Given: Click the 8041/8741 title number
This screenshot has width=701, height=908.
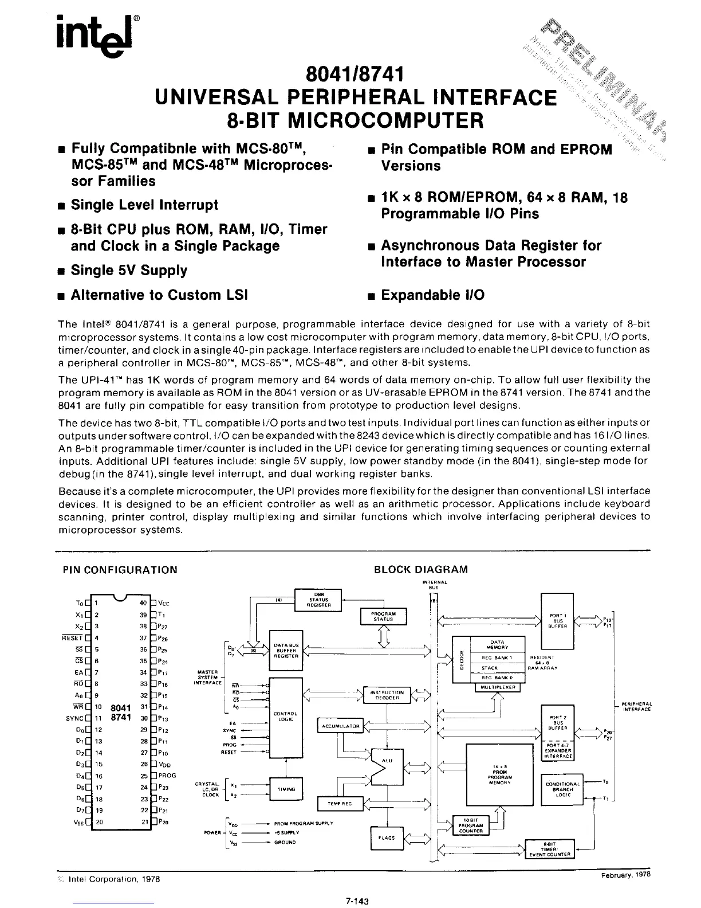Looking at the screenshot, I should [355, 75].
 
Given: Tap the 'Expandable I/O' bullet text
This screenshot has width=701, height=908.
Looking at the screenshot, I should [432, 295].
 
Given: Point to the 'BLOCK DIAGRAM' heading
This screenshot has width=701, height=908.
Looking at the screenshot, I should [420, 570].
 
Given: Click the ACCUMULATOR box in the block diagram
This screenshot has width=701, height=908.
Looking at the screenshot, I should [340, 726].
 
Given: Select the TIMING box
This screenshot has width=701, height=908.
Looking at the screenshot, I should [285, 789].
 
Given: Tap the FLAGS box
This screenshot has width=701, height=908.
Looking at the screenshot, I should [387, 837].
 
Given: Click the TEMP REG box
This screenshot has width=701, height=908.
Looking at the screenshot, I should [340, 804].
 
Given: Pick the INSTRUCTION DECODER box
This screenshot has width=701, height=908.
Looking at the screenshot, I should [387, 695].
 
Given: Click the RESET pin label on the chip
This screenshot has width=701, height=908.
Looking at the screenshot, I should [73, 637].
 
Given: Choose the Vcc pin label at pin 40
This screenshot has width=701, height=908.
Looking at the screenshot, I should [163, 603].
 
